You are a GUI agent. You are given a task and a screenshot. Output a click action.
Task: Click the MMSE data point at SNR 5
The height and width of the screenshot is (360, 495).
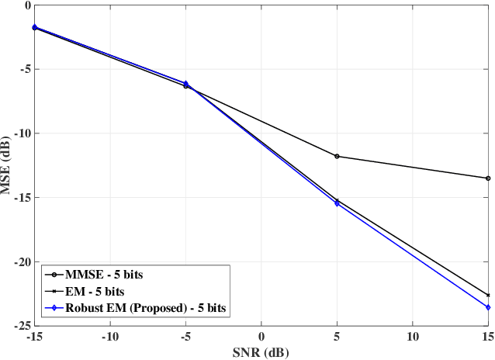pyautogui.click(x=337, y=156)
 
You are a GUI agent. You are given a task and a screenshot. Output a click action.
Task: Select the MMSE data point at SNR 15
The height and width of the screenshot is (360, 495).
pyautogui.click(x=488, y=178)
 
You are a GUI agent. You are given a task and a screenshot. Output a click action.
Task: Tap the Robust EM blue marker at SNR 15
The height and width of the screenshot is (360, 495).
pyautogui.click(x=488, y=307)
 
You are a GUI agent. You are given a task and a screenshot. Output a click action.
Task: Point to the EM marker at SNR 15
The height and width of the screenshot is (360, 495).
pyautogui.click(x=488, y=295)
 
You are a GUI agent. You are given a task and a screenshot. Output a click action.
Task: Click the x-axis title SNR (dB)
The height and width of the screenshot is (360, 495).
pyautogui.click(x=261, y=351)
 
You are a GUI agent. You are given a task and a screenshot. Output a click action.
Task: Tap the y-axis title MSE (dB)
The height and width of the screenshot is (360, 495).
pyautogui.click(x=7, y=165)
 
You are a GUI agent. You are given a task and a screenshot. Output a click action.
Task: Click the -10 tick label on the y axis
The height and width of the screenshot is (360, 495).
pyautogui.click(x=19, y=133)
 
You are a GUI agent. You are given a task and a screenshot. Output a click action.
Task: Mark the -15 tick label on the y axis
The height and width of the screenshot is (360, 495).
pyautogui.click(x=19, y=197)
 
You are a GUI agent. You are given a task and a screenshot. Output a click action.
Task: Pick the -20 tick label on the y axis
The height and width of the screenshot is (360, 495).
pyautogui.click(x=19, y=261)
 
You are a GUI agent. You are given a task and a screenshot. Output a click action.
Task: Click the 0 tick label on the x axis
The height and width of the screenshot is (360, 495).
pyautogui.click(x=261, y=337)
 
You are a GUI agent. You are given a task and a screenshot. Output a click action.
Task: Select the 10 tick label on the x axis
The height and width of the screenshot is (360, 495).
pyautogui.click(x=412, y=337)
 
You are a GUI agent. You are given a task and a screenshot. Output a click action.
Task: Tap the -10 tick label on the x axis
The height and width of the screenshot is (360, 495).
pyautogui.click(x=109, y=337)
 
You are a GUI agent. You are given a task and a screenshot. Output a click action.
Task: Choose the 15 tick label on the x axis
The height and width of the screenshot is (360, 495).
pyautogui.click(x=487, y=337)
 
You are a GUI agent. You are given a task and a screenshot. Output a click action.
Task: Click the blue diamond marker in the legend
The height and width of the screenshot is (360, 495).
pyautogui.click(x=56, y=308)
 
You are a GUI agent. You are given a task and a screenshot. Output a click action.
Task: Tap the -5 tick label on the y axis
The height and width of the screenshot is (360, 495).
pyautogui.click(x=22, y=68)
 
